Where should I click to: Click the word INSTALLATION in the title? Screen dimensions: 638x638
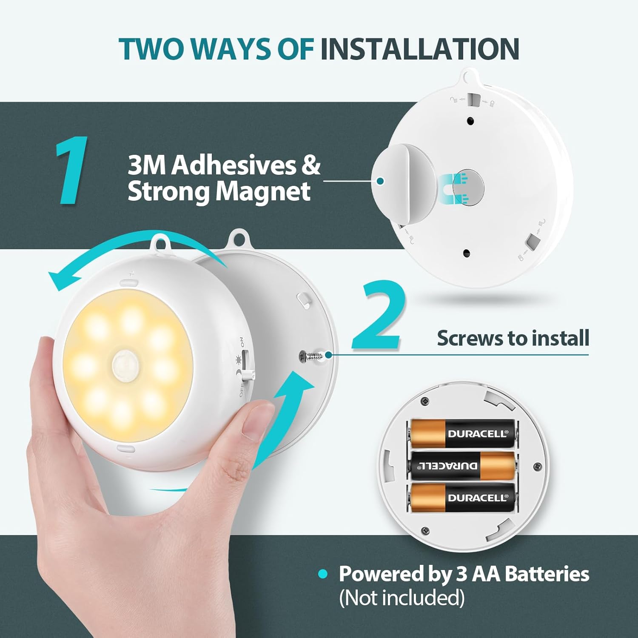[x=419, y=49]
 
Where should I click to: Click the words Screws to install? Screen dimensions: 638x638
[x=513, y=338]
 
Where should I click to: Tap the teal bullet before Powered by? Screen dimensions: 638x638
[x=323, y=574]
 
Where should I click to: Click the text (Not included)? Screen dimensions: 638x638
[x=402, y=598]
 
